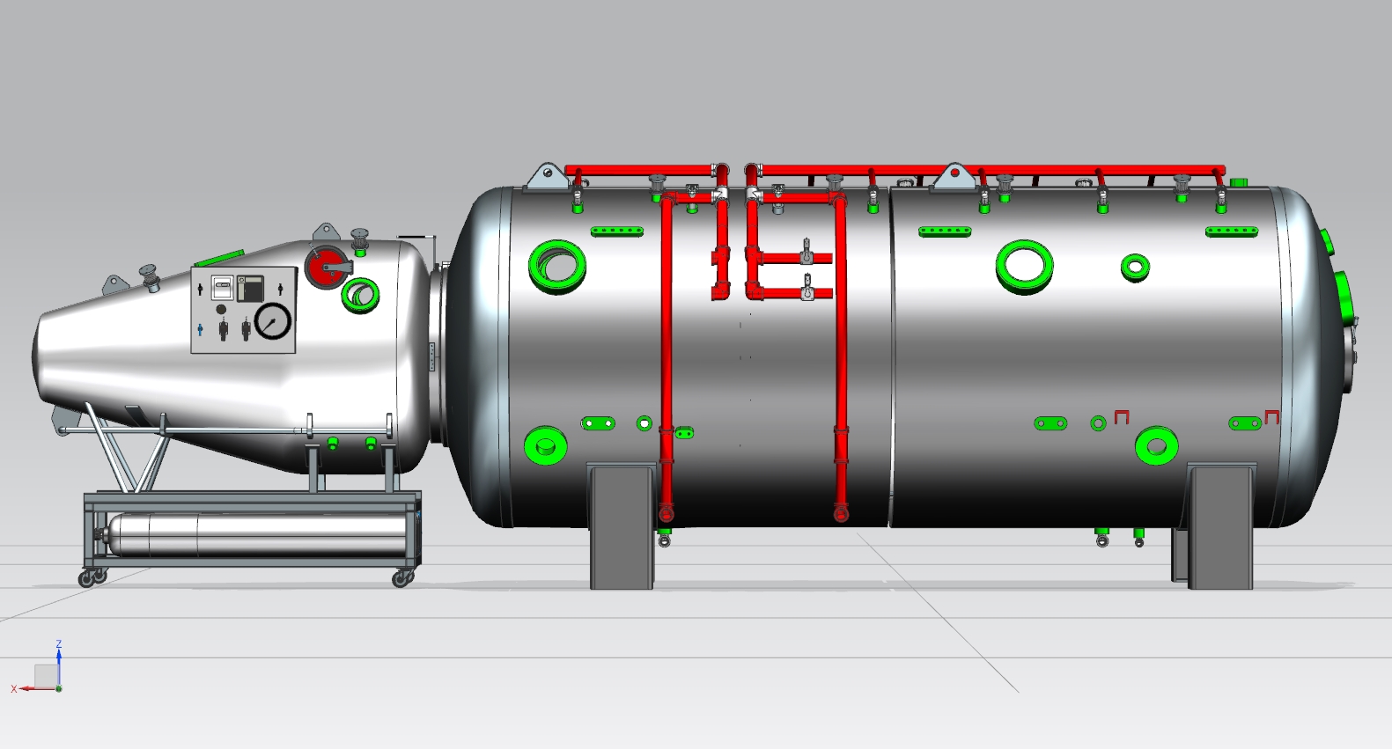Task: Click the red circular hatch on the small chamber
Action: tap(327, 267)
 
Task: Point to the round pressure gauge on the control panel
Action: tap(273, 321)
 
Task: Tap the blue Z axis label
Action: tap(59, 644)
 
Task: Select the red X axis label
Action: tap(14, 689)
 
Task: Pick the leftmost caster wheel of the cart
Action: tap(85, 579)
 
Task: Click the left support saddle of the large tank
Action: tap(622, 526)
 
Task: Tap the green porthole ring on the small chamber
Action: tap(360, 295)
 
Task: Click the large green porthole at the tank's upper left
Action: tap(556, 267)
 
